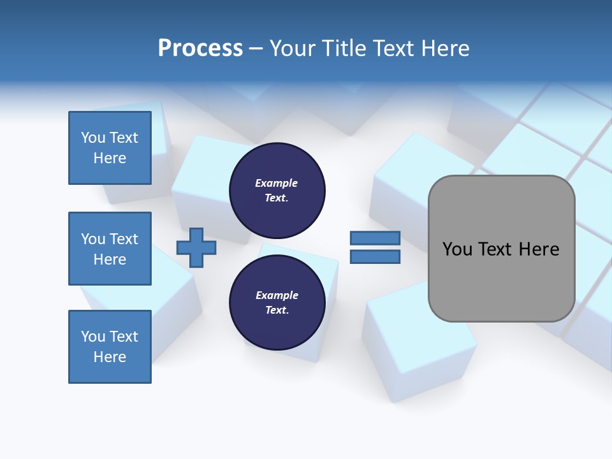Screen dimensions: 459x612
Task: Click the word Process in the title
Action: point(200,48)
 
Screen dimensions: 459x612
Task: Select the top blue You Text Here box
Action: point(110,148)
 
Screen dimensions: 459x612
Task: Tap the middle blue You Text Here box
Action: point(110,249)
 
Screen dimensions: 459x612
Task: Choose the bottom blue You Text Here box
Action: point(110,347)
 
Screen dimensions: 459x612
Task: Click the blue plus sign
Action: point(196,248)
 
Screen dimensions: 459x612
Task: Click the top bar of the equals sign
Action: point(375,238)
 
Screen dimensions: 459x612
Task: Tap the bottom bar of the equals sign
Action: point(375,257)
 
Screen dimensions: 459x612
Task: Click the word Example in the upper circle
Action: point(277,184)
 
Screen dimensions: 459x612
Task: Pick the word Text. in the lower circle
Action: point(277,310)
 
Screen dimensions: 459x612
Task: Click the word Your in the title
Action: point(293,48)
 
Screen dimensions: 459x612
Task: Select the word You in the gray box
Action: point(456,249)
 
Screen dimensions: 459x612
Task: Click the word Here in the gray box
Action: point(539,249)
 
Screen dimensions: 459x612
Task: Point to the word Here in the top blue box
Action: point(110,158)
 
